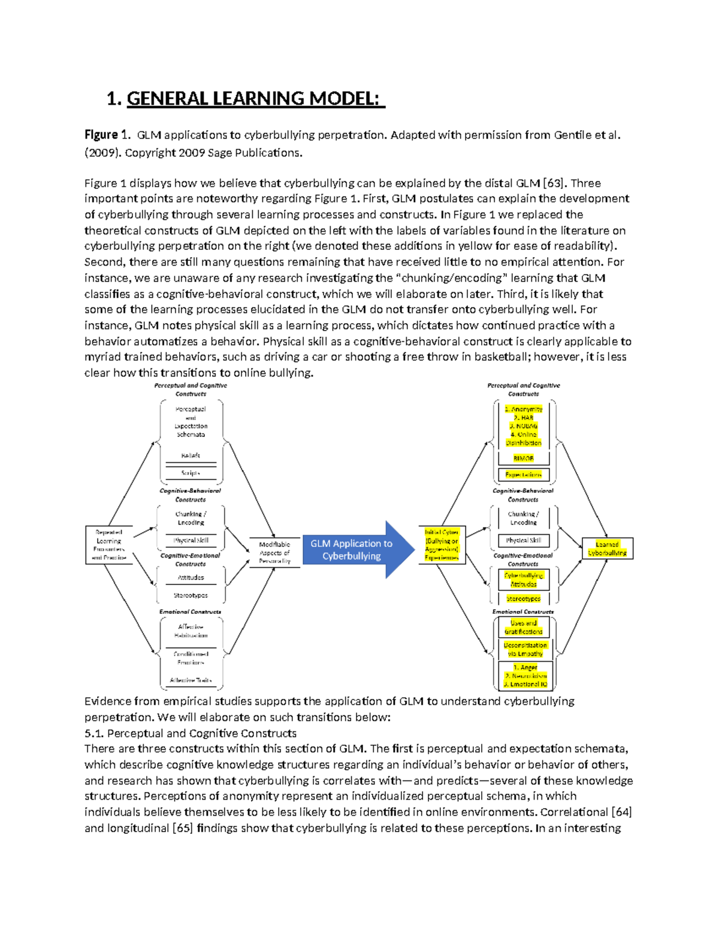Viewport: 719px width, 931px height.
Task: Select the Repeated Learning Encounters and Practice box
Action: pos(109,545)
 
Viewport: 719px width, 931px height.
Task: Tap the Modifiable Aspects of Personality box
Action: pos(274,553)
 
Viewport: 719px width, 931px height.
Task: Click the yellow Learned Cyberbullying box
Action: pos(607,549)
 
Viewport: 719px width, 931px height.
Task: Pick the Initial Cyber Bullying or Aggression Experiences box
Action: pos(442,545)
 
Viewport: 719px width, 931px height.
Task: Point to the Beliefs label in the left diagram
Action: pos(191,456)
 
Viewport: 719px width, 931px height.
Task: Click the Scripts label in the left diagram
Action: pos(191,473)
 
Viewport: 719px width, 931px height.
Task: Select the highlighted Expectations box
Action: pos(523,475)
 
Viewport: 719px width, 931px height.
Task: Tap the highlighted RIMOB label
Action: pos(523,458)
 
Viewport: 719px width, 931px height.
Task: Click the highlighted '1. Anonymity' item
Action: pos(524,409)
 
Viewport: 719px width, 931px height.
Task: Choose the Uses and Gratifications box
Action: pos(523,627)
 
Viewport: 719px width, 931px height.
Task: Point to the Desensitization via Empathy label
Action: pos(525,649)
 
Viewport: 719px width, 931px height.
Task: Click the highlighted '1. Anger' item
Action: pos(525,667)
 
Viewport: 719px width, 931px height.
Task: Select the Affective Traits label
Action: pos(191,680)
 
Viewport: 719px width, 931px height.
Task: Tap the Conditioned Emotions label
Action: pos(191,658)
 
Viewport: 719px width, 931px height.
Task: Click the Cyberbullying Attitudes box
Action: pos(523,579)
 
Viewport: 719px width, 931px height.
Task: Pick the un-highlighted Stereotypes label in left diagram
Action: pos(191,595)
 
